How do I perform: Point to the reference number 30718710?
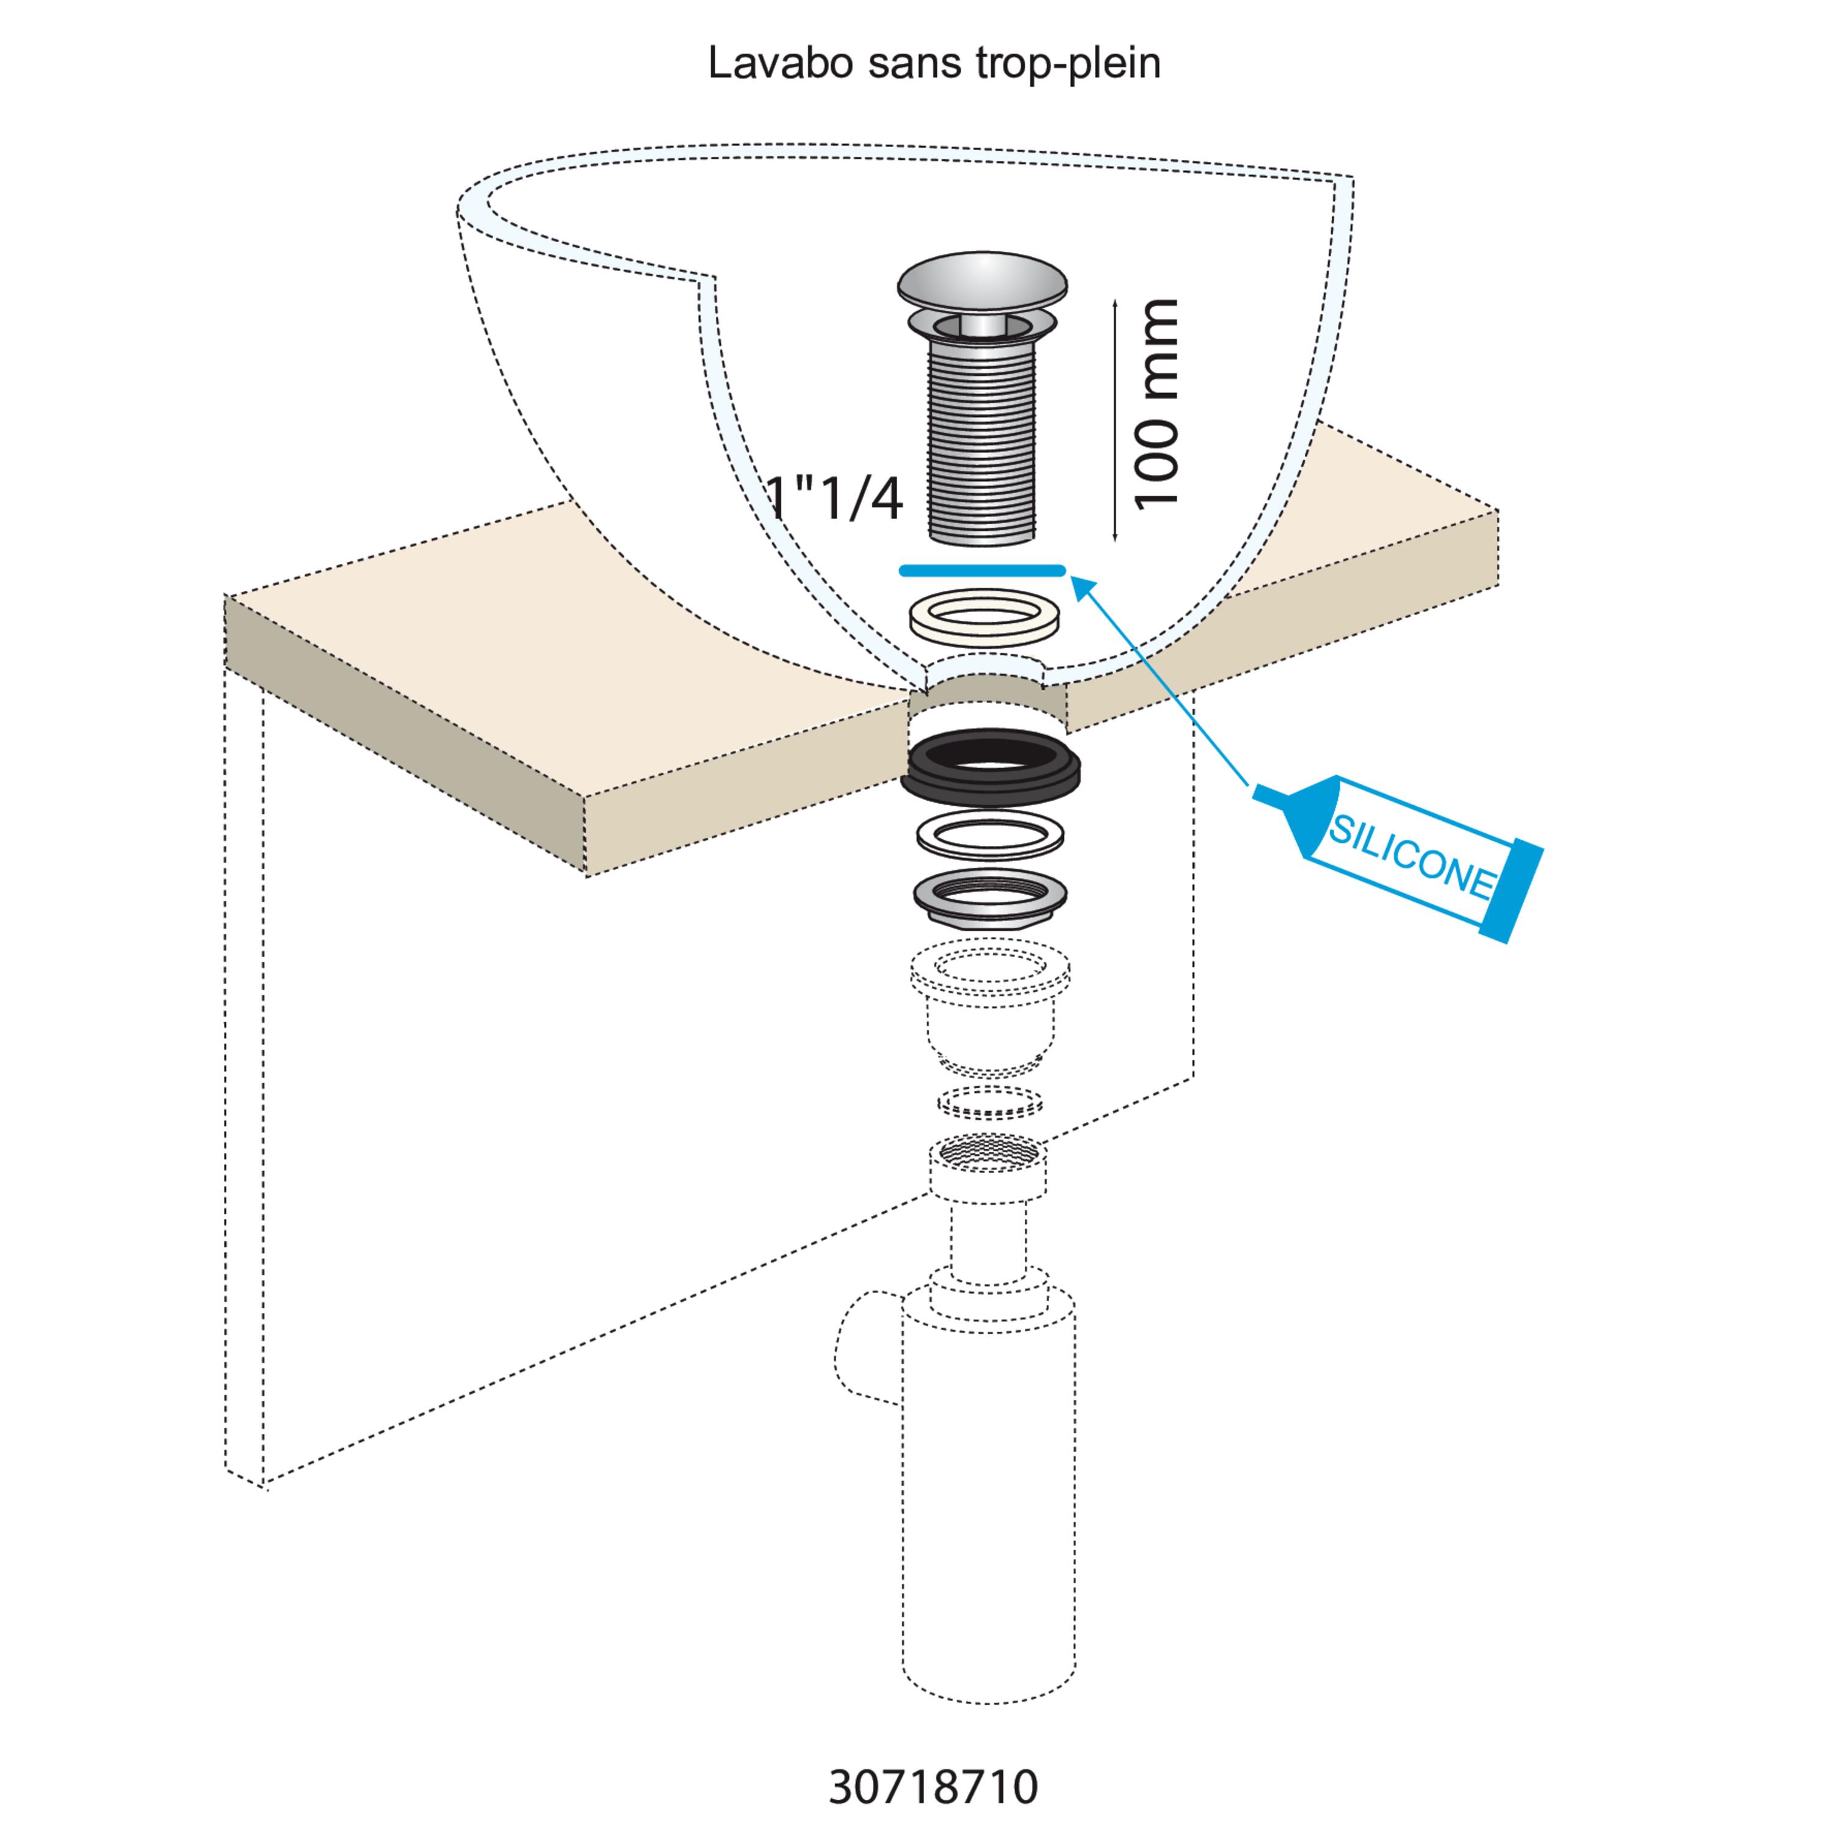click(934, 1786)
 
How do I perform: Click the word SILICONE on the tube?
click(1410, 856)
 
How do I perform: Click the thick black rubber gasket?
click(989, 766)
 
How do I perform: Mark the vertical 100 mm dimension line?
click(1116, 420)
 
